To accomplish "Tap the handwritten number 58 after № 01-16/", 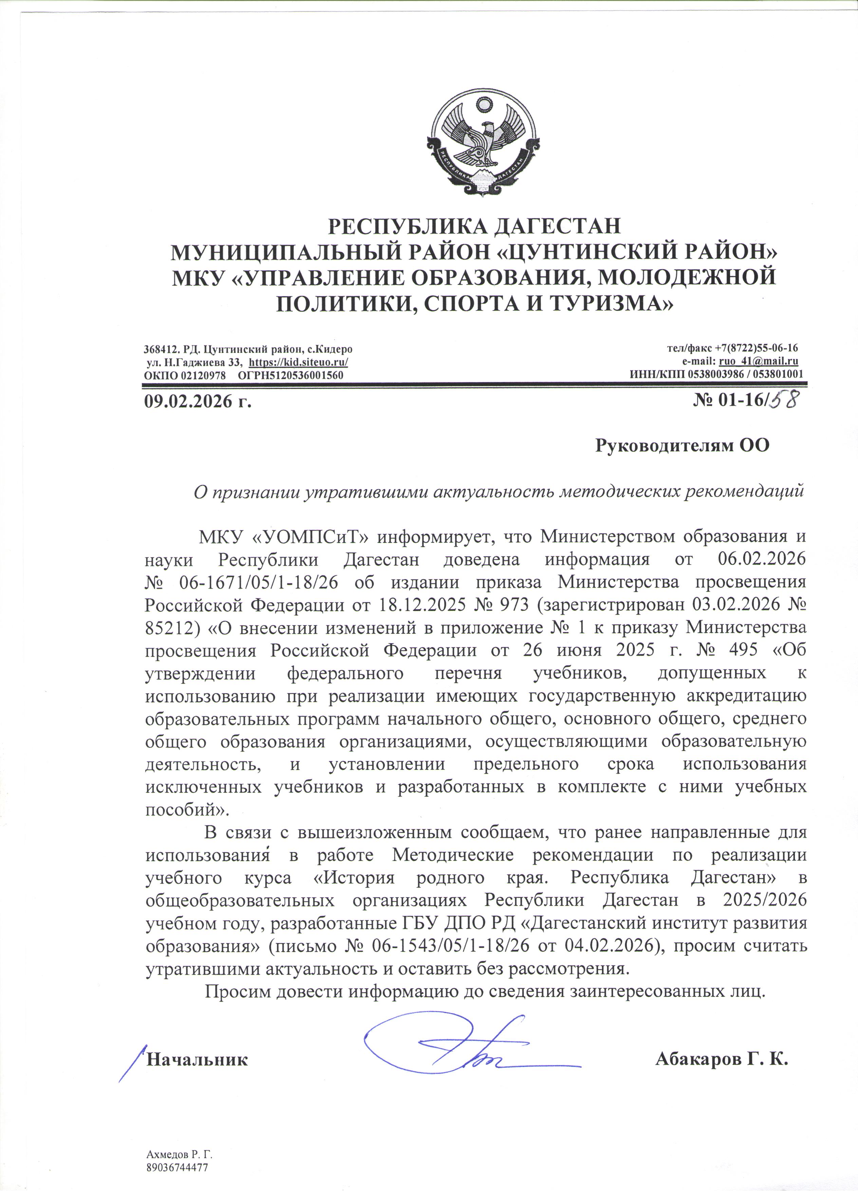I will point(783,400).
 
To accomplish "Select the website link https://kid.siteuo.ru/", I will point(298,362).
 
